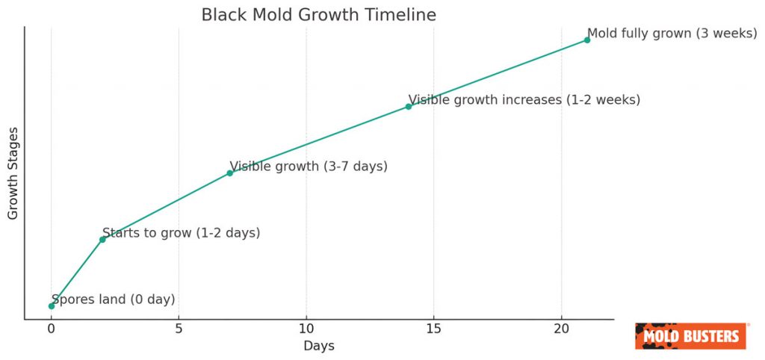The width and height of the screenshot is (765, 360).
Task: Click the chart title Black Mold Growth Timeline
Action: point(319,15)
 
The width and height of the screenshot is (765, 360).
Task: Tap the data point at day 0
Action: point(51,305)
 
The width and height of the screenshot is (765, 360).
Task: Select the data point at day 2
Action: point(102,239)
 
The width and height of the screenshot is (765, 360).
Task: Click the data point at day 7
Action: point(230,173)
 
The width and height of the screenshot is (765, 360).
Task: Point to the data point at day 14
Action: point(409,106)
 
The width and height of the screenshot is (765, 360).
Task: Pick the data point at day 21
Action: point(587,40)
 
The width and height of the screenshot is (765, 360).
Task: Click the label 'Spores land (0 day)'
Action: point(113,300)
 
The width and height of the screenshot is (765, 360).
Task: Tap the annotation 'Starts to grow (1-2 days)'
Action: point(181,233)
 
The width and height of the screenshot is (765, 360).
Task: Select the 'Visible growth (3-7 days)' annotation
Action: point(309,167)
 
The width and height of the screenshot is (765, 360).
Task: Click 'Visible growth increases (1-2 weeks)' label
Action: point(524,99)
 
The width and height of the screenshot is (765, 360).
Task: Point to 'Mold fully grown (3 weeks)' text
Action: point(672,34)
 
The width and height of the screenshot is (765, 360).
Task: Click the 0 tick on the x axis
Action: point(51,329)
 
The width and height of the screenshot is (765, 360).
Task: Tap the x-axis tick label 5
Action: point(179,329)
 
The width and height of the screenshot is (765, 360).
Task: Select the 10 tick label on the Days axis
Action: point(306,329)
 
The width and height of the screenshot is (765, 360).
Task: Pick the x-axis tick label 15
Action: point(434,329)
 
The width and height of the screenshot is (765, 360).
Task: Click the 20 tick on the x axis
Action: point(562,329)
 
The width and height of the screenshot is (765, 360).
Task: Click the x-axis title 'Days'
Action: point(319,346)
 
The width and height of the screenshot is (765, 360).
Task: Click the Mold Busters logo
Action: point(691,336)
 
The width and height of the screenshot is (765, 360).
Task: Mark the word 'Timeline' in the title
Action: point(403,15)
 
